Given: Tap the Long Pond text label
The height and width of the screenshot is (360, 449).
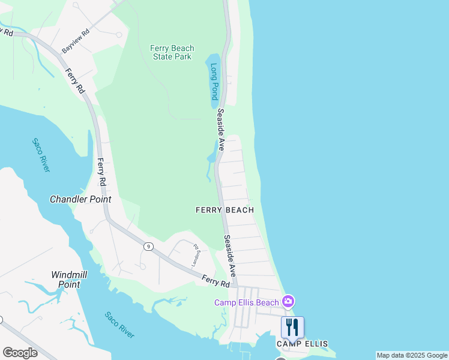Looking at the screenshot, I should (214, 83).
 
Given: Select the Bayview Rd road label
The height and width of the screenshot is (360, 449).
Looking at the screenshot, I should (76, 41).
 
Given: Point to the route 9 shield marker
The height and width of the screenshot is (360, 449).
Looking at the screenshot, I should (147, 247).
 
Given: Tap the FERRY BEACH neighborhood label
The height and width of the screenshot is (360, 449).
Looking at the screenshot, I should (224, 210).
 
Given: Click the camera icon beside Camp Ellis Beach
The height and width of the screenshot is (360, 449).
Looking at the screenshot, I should (288, 301).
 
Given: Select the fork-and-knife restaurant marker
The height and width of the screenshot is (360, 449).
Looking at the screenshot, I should (292, 328).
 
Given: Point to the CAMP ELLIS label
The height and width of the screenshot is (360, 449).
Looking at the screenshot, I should (302, 344).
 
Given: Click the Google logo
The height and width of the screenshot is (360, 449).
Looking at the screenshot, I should (20, 353).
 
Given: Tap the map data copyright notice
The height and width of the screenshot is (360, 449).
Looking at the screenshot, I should (411, 355).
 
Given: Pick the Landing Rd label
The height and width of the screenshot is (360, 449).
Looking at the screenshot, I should (196, 255).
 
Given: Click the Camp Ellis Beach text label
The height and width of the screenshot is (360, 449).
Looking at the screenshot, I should (247, 302).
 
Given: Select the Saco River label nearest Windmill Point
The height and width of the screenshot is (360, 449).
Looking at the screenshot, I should (119, 325).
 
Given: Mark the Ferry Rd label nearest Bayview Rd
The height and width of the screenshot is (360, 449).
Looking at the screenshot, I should (75, 83).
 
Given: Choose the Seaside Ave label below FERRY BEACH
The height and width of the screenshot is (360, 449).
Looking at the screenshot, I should (229, 255).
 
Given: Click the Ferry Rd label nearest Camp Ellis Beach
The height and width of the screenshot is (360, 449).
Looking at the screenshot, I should (216, 280).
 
